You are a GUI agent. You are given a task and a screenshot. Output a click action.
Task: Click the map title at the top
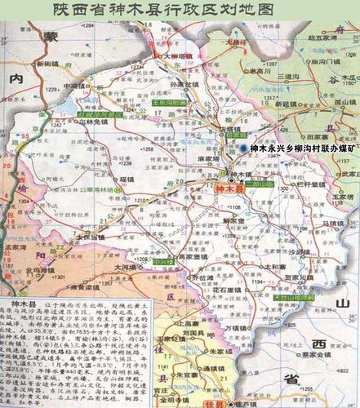[180, 11]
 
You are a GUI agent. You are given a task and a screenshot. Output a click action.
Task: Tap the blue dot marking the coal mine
[242, 148]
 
